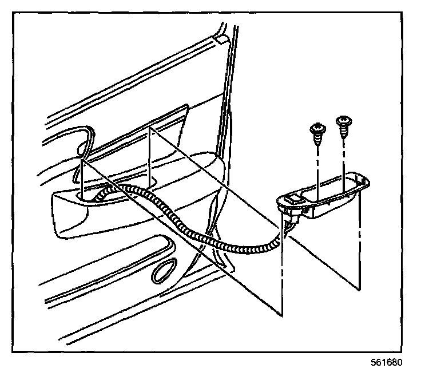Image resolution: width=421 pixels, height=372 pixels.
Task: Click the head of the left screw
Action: (x=314, y=128)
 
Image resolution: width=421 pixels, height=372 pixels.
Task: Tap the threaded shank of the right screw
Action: (x=344, y=132)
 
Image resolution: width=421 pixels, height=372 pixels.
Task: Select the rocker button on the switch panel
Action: (x=295, y=200)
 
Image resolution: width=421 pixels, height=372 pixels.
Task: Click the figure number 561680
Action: (x=387, y=363)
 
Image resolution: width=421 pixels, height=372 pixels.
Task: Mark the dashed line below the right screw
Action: (x=344, y=157)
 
